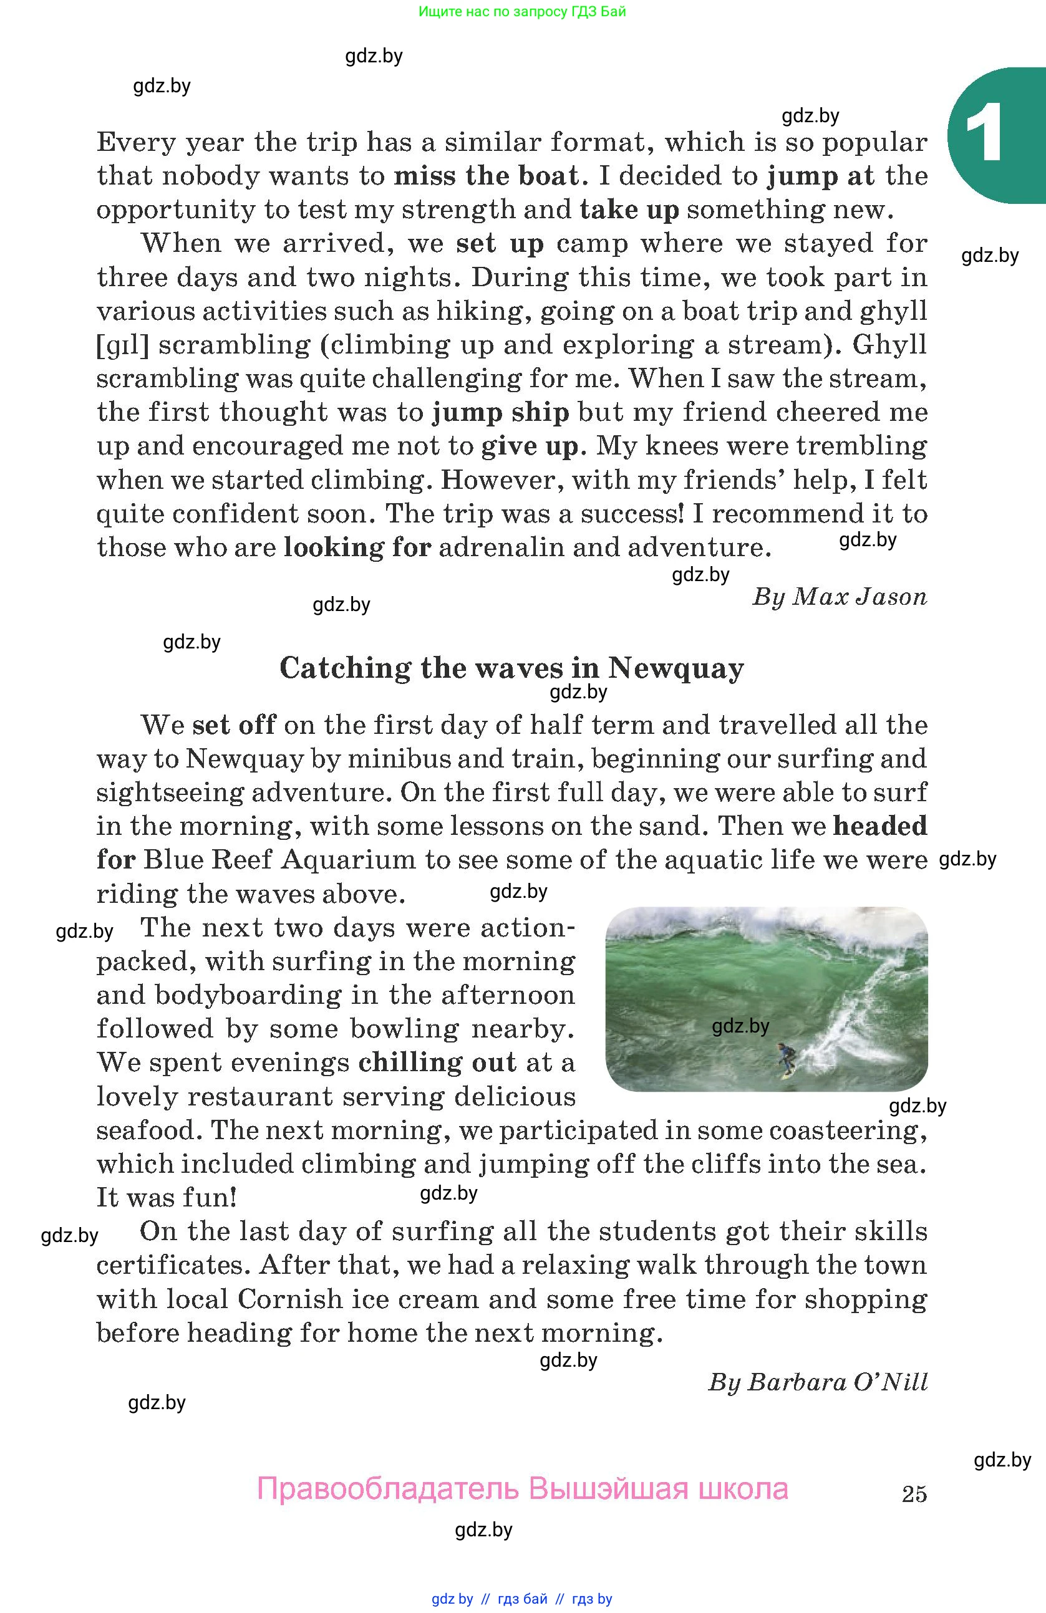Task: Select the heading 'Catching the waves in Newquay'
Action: tap(512, 668)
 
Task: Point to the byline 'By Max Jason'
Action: tap(840, 597)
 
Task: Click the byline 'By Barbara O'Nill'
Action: tap(818, 1382)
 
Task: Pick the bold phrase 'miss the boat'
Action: tap(486, 176)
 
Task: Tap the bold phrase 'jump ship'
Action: tap(501, 412)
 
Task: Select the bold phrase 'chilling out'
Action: tap(437, 1062)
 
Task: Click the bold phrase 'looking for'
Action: tap(357, 547)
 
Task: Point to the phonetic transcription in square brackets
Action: tap(123, 345)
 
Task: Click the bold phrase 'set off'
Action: tap(234, 725)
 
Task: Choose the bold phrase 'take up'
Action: tap(629, 210)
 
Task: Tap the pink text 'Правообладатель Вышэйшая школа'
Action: tap(522, 1490)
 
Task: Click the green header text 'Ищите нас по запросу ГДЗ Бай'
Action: tap(522, 11)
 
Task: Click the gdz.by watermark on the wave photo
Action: tap(740, 1026)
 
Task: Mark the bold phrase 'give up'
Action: tap(530, 446)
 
